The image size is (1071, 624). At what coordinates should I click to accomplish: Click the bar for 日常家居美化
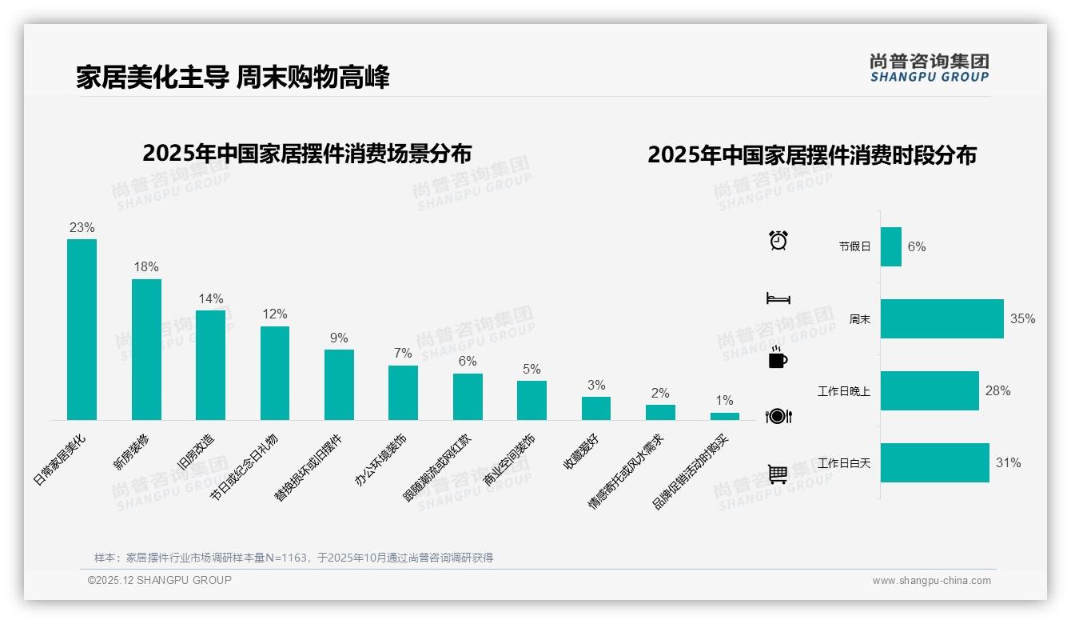pos(82,330)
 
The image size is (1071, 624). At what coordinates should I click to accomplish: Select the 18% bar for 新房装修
pos(146,350)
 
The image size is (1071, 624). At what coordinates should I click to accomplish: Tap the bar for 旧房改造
pos(210,366)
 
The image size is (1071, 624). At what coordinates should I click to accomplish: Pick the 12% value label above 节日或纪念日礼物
pos(275,314)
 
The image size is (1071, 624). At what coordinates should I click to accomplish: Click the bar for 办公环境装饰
pos(403,393)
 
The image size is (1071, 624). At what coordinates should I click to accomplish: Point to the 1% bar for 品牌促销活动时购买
pos(725,416)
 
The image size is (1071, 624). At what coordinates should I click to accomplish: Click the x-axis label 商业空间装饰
pos(510,462)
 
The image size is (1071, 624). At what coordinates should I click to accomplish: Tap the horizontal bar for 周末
pos(942,318)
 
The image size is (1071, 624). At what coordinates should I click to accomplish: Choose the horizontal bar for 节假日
pos(891,246)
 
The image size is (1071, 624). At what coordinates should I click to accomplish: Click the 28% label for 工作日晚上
pos(997,390)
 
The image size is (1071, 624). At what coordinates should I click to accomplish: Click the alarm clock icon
pos(778,240)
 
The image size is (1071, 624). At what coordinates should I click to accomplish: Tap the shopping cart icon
pos(778,474)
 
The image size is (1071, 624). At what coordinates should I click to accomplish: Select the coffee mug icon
pos(778,358)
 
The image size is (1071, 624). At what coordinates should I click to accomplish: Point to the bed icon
pos(778,298)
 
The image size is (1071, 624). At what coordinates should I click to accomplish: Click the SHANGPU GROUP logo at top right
pos(929,68)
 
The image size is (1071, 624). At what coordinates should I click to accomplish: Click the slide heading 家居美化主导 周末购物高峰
pos(233,78)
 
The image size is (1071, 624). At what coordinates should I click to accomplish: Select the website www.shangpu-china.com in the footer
pos(931,581)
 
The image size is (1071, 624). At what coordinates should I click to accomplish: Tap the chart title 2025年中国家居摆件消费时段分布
pos(812,155)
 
